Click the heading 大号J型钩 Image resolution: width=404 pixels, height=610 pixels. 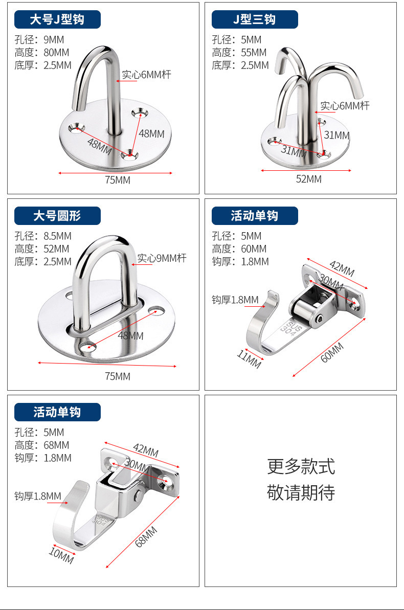pyautogui.click(x=57, y=19)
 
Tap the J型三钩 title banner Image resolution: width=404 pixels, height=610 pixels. pyautogui.click(x=254, y=19)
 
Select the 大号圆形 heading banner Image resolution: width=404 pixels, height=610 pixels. pyautogui.click(x=57, y=216)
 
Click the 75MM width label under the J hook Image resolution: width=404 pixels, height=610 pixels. pyautogui.click(x=118, y=180)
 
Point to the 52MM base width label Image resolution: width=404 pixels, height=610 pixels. pyautogui.click(x=309, y=179)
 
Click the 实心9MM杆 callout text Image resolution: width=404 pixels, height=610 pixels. pyautogui.click(x=162, y=258)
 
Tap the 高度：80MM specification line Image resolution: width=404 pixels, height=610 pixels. pyautogui.click(x=42, y=52)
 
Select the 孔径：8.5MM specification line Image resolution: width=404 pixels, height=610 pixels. pyautogui.click(x=43, y=236)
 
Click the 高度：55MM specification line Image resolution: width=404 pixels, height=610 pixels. pyautogui.click(x=239, y=52)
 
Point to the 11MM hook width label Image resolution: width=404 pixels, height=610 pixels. pyautogui.click(x=249, y=358)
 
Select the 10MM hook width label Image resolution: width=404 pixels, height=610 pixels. pyautogui.click(x=61, y=556)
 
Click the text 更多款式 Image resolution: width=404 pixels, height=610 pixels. pyautogui.click(x=301, y=466)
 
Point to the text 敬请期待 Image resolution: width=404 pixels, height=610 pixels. pyautogui.click(x=301, y=492)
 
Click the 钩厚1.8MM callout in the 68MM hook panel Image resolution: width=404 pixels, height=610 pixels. pyautogui.click(x=37, y=496)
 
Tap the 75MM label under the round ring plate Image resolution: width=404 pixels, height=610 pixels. pyautogui.click(x=118, y=376)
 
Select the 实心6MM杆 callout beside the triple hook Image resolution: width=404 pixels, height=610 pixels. pyautogui.click(x=345, y=106)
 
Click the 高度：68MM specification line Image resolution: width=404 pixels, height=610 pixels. pyautogui.click(x=42, y=445)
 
